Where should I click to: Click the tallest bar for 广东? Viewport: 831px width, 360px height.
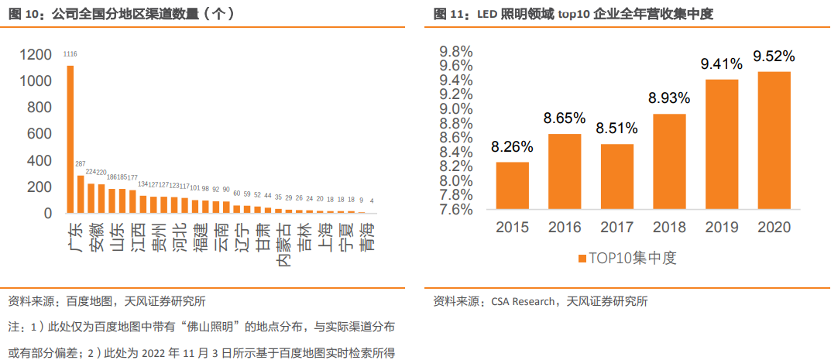[x=70, y=139]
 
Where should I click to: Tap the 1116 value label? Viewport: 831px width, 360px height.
[x=70, y=53]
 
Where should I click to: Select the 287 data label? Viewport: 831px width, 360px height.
[x=81, y=164]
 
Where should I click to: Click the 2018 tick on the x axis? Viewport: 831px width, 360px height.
[x=668, y=228]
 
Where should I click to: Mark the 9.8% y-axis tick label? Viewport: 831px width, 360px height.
[x=456, y=52]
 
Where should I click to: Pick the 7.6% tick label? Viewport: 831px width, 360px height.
[x=456, y=210]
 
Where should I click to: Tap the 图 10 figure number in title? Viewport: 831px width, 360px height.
[x=21, y=14]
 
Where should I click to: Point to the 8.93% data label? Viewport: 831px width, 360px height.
[x=670, y=98]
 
